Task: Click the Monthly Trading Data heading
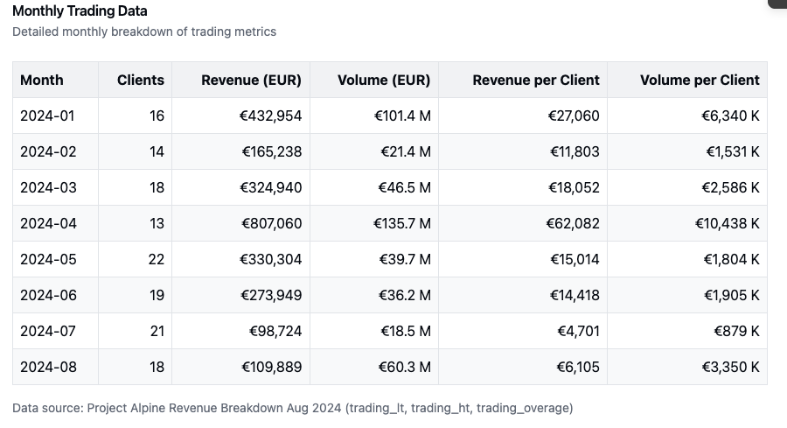click(80, 11)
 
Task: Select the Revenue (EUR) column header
click(251, 80)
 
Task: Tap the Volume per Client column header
click(700, 80)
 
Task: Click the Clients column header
click(140, 80)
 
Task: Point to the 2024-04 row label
click(48, 223)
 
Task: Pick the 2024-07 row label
click(48, 331)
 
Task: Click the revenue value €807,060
click(271, 223)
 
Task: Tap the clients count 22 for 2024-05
click(156, 259)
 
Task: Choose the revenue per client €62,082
click(575, 223)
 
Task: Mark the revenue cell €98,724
click(275, 331)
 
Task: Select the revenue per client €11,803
click(575, 151)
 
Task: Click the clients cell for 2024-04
click(157, 223)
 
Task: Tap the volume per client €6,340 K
click(730, 116)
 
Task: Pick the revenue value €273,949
click(271, 295)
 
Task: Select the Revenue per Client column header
click(536, 80)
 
